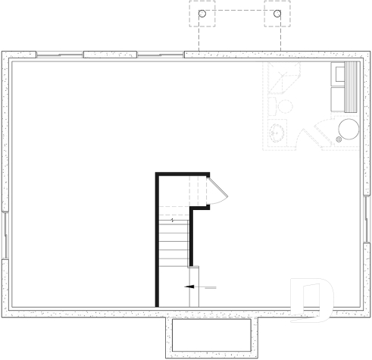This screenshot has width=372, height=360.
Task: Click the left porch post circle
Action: pos(202,14)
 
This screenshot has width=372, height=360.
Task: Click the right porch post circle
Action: pos(277,14)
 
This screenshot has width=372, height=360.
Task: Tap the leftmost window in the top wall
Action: pos(59,55)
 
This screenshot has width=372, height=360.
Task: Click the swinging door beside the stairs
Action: pos(217,189)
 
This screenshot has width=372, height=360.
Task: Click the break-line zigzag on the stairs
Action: pos(173,221)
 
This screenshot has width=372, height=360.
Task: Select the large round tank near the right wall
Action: pos(349,129)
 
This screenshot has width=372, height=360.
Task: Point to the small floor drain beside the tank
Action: pos(338,139)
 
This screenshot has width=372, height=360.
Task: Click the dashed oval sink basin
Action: pos(279,132)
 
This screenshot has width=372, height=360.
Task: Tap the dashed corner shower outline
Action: pos(282,79)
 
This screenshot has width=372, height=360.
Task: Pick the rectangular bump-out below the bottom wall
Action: pos(211,335)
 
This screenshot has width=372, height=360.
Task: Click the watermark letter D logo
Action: pos(311,299)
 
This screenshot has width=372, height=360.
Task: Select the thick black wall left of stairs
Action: pos(158,239)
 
